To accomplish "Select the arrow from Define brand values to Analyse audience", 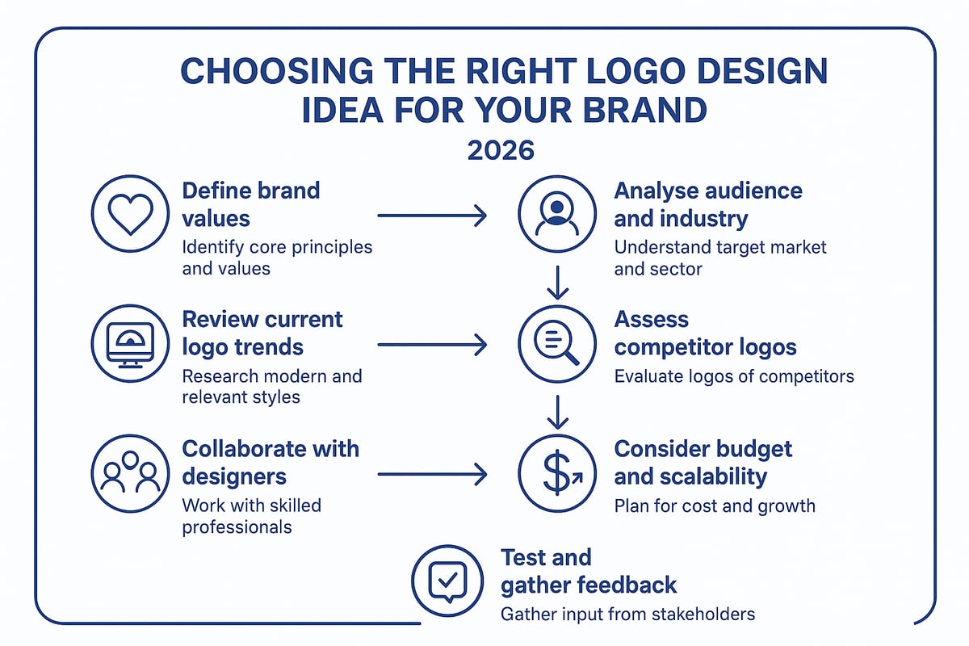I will pyautogui.click(x=432, y=216).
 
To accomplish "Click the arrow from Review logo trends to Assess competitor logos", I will pyautogui.click(x=432, y=346).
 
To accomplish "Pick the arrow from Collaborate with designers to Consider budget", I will pyautogui.click(x=432, y=474).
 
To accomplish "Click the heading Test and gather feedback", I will pyautogui.click(x=588, y=570).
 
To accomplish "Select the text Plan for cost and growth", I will pyautogui.click(x=715, y=506).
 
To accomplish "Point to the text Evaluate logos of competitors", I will pyautogui.click(x=733, y=375).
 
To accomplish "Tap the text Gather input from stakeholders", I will pyautogui.click(x=627, y=614).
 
